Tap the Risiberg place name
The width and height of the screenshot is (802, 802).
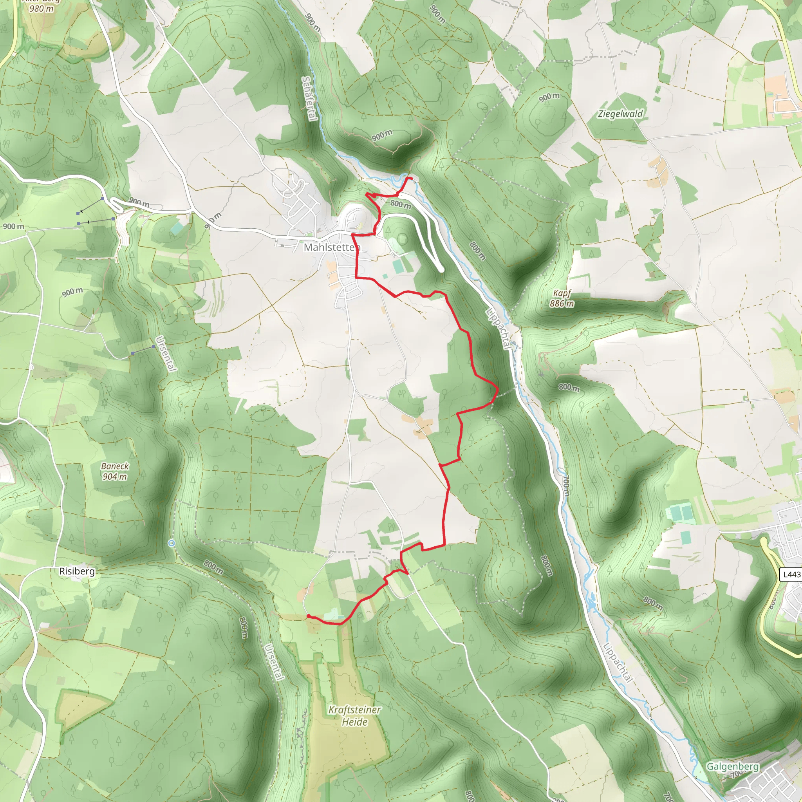click(77, 571)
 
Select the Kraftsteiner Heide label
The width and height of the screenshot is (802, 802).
click(354, 716)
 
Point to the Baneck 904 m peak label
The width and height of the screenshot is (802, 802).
click(115, 471)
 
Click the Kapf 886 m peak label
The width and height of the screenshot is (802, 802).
click(562, 298)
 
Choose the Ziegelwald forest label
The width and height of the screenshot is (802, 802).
click(620, 114)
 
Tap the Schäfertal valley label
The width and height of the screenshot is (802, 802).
click(309, 98)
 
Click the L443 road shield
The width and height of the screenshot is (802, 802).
click(791, 574)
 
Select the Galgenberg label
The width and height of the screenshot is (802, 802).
click(733, 766)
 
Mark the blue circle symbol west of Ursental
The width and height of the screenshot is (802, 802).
click(172, 543)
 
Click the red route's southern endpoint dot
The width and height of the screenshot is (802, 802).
click(309, 616)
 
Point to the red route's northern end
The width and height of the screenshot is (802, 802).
click(411, 178)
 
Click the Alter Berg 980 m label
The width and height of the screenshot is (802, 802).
click(42, 6)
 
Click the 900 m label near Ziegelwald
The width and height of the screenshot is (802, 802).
click(549, 97)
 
